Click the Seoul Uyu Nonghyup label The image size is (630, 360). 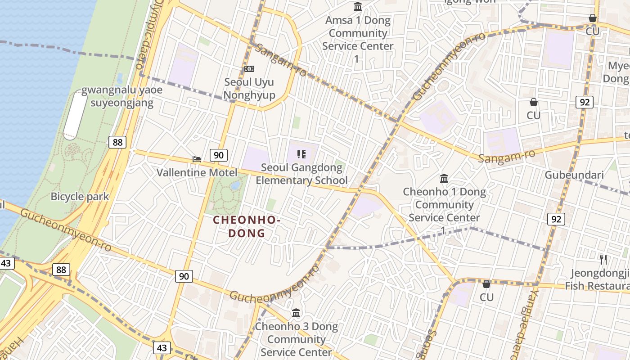click(249, 89)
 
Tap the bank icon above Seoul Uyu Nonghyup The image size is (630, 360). click(249, 69)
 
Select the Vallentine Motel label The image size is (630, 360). click(197, 172)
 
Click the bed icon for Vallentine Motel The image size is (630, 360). click(197, 159)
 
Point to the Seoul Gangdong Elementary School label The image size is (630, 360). click(301, 174)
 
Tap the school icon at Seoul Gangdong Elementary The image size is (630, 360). click(301, 155)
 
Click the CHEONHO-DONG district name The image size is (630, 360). click(247, 226)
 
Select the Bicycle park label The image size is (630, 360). click(80, 197)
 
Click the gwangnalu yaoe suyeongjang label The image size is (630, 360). click(122, 96)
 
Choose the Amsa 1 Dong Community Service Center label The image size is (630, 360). click(358, 33)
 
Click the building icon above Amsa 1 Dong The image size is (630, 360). click(358, 7)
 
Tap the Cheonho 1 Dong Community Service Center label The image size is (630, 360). click(444, 205)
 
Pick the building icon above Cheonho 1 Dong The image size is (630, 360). click(444, 179)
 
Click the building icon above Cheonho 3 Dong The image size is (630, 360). click(296, 313)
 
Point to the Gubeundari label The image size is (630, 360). click(574, 175)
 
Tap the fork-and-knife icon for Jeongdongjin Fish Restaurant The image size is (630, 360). click(603, 260)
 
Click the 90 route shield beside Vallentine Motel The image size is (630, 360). click(219, 156)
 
